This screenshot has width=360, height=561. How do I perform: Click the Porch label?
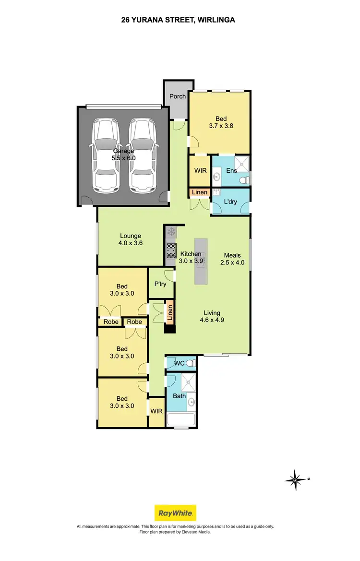tap(178, 96)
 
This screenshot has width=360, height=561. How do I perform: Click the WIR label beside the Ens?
tap(200, 170)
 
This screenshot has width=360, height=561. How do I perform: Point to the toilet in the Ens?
tap(244, 179)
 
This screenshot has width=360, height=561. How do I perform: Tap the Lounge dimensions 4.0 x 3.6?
tap(131, 243)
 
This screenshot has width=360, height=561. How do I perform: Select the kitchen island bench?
tap(201, 262)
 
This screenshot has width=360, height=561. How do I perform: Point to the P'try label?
tap(160, 284)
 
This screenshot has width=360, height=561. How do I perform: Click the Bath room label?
tap(179, 396)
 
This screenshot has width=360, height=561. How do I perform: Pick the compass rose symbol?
tap(296, 478)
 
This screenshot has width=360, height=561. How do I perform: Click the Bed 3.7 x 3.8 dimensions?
tap(221, 126)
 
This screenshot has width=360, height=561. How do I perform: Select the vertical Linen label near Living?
tap(169, 313)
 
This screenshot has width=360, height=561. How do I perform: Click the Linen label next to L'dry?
tap(200, 192)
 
